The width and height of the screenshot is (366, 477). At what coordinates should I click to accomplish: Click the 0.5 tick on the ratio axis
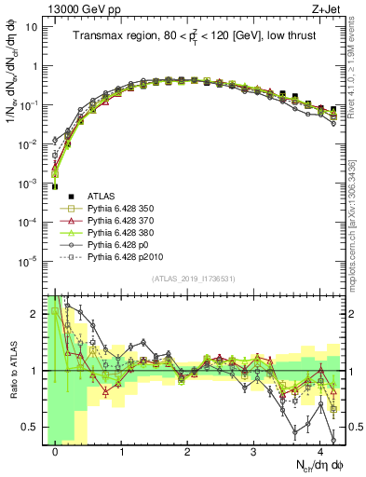[31, 428]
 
